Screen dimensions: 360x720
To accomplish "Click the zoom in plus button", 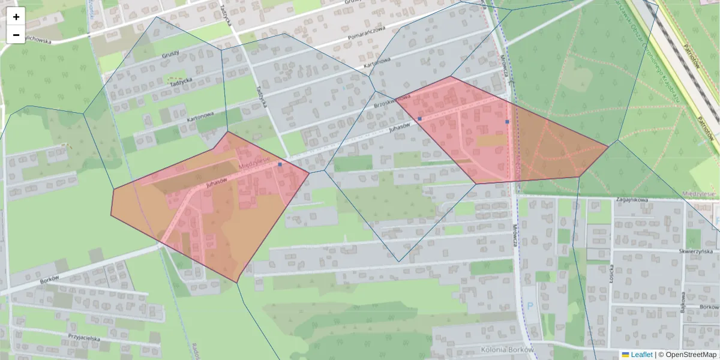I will point(16,17).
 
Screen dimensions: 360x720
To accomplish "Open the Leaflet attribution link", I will point(641,355).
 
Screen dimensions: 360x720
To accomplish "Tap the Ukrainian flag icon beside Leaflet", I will point(625,355).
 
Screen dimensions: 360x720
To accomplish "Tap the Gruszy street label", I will point(171,55).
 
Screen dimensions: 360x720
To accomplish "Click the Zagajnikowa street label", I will point(632,199).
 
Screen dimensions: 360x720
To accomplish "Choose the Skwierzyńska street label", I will point(695,251).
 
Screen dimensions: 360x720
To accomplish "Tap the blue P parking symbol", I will point(530,305).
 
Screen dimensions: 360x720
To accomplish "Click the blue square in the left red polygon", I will point(280,164).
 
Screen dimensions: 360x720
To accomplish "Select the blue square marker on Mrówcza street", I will point(508,122).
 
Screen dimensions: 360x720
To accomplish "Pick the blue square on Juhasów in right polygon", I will point(420,119).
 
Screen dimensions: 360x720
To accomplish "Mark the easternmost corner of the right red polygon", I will point(608,146).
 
